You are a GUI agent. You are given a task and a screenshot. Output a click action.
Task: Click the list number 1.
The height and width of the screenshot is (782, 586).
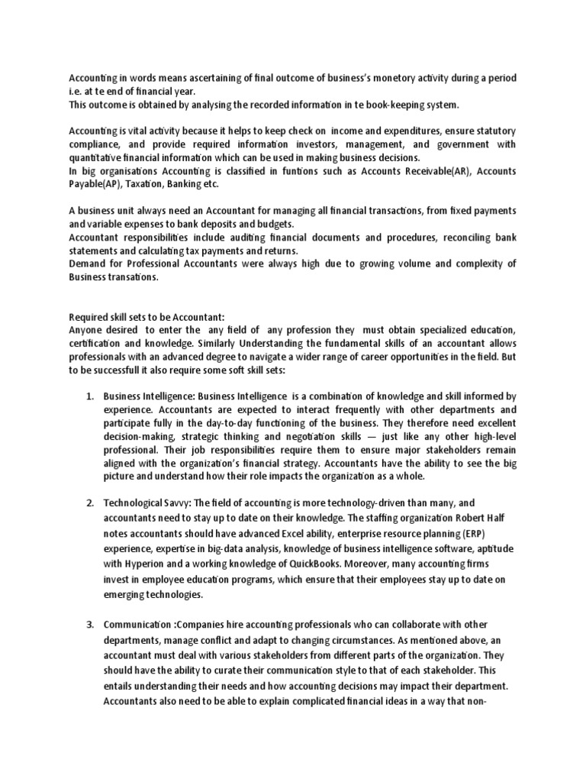(x=89, y=396)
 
